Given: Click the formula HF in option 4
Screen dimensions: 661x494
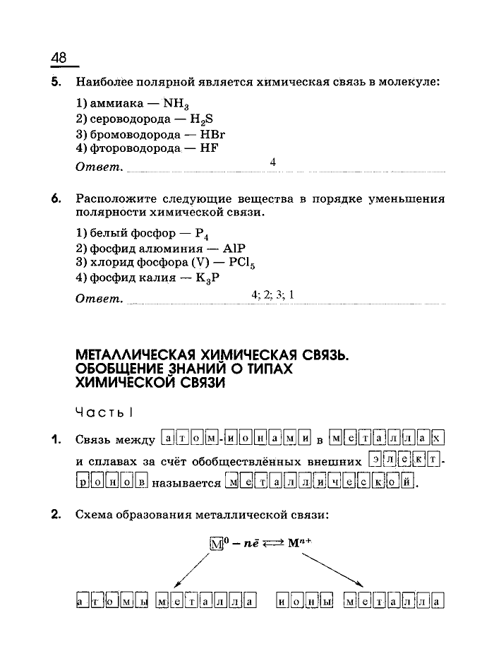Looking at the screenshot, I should tap(210, 148).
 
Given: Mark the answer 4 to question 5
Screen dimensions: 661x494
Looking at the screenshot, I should tap(272, 162).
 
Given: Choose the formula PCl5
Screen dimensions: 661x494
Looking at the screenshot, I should tap(239, 263).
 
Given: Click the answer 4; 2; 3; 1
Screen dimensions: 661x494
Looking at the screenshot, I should tap(272, 294).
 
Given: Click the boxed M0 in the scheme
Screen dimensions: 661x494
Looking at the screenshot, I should tap(217, 543).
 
